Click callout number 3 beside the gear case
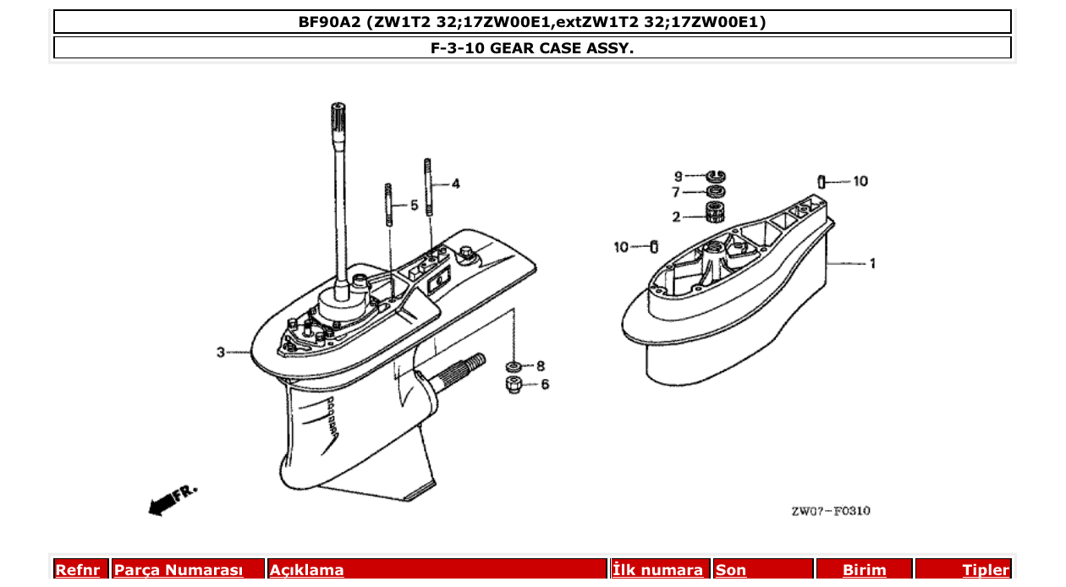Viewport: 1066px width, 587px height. [220, 352]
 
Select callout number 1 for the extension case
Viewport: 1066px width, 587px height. [872, 264]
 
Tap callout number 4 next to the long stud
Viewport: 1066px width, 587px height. [455, 184]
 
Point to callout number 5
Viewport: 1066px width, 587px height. [414, 205]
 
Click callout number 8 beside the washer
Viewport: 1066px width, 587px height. [540, 366]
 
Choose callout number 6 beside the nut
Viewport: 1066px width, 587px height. [544, 384]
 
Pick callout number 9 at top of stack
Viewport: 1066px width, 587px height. [678, 176]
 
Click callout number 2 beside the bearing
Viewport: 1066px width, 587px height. [677, 217]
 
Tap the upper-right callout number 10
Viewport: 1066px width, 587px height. [860, 181]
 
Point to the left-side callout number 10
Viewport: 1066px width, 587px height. [622, 247]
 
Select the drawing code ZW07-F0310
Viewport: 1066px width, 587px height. [830, 511]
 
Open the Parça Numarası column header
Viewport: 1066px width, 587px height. [179, 570]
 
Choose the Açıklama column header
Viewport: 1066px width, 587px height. [306, 570]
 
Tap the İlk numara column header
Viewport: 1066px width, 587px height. [658, 570]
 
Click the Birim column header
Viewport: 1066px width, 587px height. [864, 570]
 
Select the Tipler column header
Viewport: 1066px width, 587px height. [985, 570]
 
